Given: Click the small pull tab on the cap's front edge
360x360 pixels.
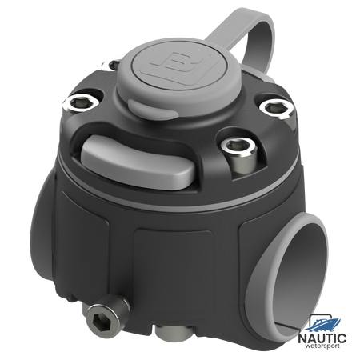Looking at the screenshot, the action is (x=153, y=109).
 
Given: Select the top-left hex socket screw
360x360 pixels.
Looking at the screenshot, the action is (x=82, y=102).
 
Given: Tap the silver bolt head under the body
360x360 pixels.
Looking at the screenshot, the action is (x=174, y=331).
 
